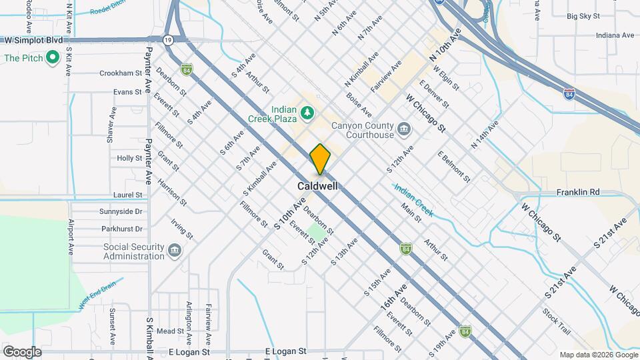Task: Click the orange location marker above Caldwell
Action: click(320, 159)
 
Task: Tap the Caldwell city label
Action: click(317, 186)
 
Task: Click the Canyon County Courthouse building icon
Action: click(404, 128)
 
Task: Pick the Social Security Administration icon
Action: click(174, 250)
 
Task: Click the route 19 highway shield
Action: click(170, 41)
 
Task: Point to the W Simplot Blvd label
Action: click(33, 41)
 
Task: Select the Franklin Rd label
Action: click(578, 192)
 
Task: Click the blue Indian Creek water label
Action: click(413, 200)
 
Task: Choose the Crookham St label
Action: click(121, 73)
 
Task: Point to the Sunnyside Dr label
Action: click(120, 211)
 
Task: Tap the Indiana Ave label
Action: click(596, 35)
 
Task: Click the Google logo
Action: click(22, 351)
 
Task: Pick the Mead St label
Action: click(170, 331)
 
